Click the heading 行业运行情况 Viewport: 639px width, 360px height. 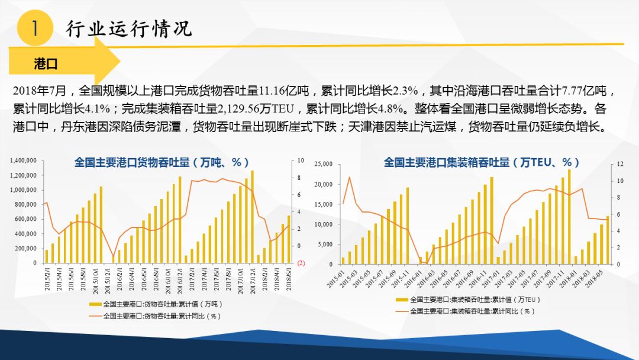(x=130, y=28)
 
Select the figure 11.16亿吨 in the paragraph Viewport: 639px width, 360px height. (x=277, y=91)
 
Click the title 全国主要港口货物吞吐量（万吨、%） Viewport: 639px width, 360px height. (x=162, y=162)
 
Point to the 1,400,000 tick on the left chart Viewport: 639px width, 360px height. (x=24, y=160)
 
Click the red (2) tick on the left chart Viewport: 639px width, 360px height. (x=300, y=262)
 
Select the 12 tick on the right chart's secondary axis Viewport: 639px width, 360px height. (x=620, y=164)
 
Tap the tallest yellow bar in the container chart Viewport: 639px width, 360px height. (x=569, y=216)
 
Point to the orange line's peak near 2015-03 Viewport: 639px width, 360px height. (x=350, y=177)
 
